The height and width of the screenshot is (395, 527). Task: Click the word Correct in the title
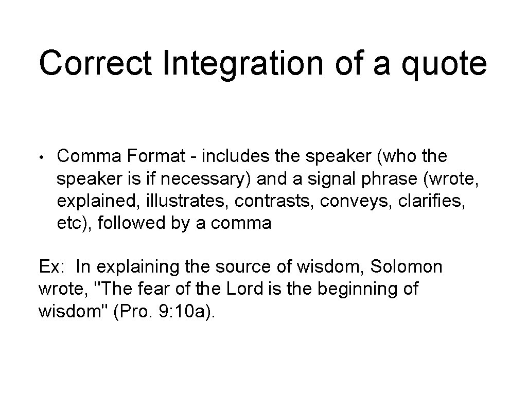(95, 63)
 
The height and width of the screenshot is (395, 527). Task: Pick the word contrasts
(274, 201)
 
